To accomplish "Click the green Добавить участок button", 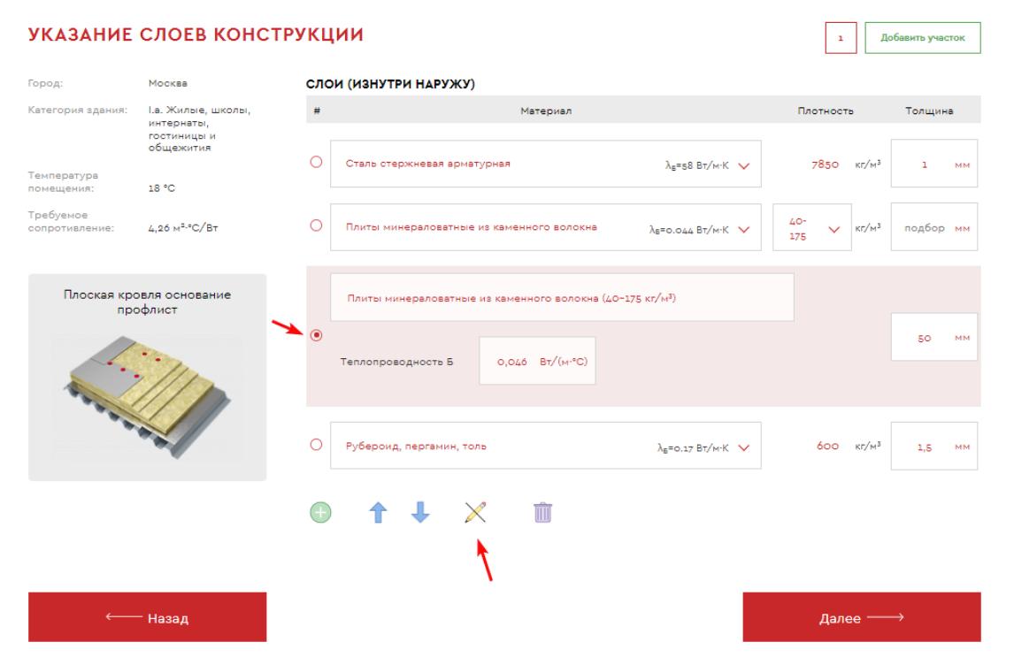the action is click(922, 37).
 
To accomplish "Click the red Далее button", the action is click(862, 617).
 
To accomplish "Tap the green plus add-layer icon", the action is click(321, 513).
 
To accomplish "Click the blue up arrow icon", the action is click(379, 513).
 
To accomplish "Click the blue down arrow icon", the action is click(420, 513).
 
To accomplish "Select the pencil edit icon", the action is click(475, 513).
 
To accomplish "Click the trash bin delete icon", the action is click(542, 513).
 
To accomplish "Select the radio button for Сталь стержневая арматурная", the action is click(316, 162).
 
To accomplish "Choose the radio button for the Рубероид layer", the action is click(316, 445).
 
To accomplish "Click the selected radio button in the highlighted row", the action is click(316, 335).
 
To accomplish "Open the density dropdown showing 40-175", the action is click(811, 227).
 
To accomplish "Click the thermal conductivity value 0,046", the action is click(512, 362).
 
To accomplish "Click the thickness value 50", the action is click(924, 338).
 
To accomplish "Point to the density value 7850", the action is click(826, 164).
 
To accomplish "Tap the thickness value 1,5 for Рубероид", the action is click(924, 447).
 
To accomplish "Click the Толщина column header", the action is click(929, 111).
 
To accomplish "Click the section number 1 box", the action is click(841, 37).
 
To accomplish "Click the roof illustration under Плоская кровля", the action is click(148, 395).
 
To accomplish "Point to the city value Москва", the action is click(167, 83).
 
